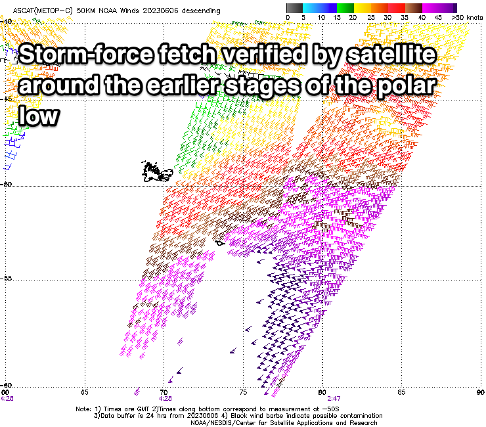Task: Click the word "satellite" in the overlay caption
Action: [x=391, y=55]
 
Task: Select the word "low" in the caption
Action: [x=39, y=116]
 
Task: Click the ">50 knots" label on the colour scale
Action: [x=467, y=18]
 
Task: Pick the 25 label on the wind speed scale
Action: [x=371, y=18]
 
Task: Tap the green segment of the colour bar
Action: [x=345, y=8]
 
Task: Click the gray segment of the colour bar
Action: [x=294, y=8]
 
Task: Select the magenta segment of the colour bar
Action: [x=431, y=8]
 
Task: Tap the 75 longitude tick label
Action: [x=243, y=392]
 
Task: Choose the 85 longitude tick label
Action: [x=401, y=392]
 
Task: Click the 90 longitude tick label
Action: [x=481, y=392]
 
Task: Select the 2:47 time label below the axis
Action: [x=334, y=399]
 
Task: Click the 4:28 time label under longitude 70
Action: [x=166, y=399]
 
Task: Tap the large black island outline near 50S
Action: [x=157, y=171]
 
